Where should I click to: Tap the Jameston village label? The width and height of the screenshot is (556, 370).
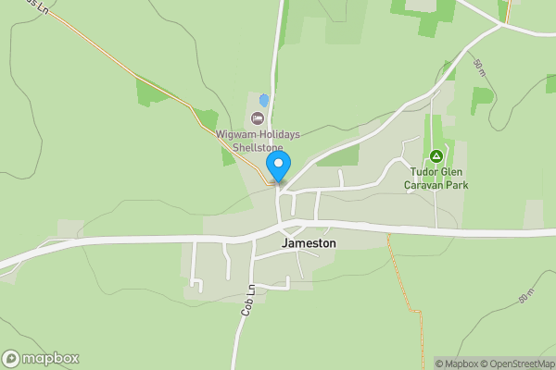309,243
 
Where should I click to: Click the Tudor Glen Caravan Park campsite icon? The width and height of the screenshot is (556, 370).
436,154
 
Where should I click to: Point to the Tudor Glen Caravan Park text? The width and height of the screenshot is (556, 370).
436,179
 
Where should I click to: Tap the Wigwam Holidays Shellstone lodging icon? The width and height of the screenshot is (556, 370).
257,117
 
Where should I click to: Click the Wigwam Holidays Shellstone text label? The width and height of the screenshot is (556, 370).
257,141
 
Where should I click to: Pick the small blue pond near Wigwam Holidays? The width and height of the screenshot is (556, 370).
264,100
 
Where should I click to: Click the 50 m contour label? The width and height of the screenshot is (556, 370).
478,68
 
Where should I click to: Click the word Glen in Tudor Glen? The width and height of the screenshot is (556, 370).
453,172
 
